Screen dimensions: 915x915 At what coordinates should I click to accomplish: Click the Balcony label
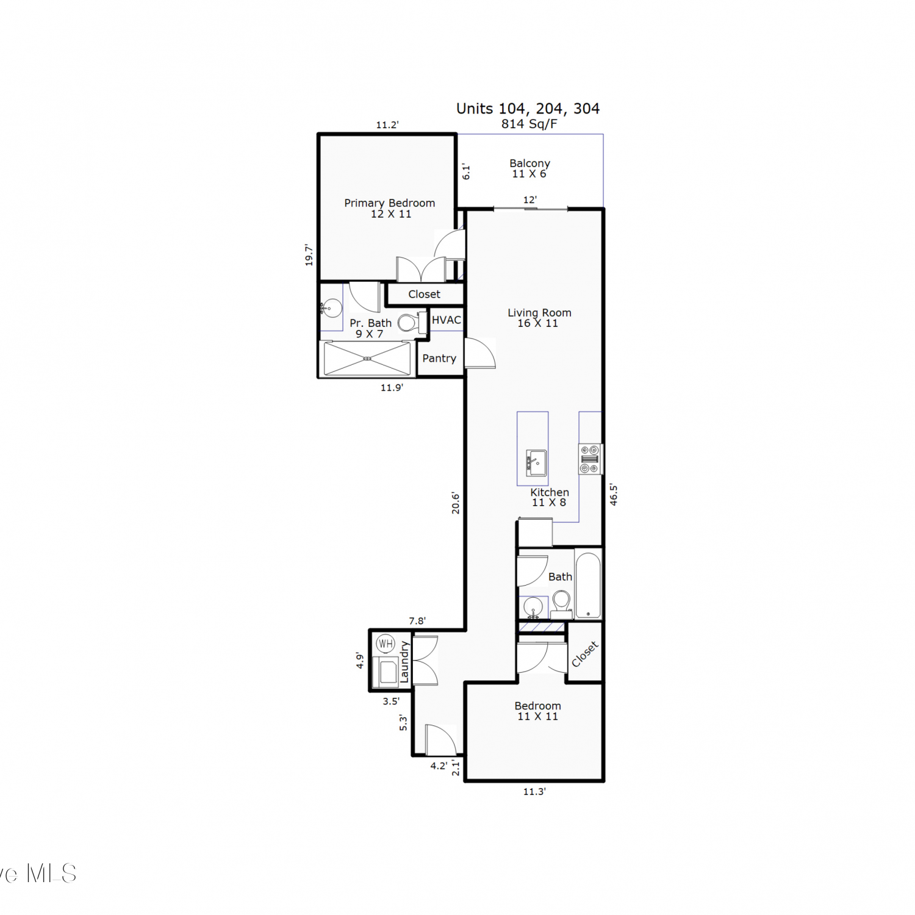(529, 163)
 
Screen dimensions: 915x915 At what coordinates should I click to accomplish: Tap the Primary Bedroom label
(389, 203)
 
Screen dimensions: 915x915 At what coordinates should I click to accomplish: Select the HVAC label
(447, 320)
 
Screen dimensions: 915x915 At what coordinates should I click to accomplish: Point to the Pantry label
(439, 358)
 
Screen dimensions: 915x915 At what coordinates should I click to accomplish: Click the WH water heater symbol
(386, 643)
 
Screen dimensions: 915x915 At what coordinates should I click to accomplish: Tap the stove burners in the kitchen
(590, 459)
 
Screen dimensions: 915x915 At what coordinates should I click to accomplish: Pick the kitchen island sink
(536, 463)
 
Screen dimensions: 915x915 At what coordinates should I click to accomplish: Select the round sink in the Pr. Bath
(331, 308)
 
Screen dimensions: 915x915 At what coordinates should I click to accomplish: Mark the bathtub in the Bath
(588, 586)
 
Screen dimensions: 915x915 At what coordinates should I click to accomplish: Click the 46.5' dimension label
(614, 495)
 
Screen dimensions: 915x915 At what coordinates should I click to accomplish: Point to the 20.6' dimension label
(455, 503)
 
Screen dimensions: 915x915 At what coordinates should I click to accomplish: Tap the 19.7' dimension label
(309, 255)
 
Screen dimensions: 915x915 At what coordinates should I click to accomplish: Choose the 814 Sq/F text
(529, 124)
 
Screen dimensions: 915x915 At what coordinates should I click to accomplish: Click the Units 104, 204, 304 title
(528, 109)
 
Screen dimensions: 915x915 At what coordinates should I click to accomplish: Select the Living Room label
(539, 313)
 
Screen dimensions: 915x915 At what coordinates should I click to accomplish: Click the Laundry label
(404, 662)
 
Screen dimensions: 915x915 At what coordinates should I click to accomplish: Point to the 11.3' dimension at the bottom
(534, 791)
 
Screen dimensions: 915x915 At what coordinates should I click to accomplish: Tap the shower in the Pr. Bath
(367, 359)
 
